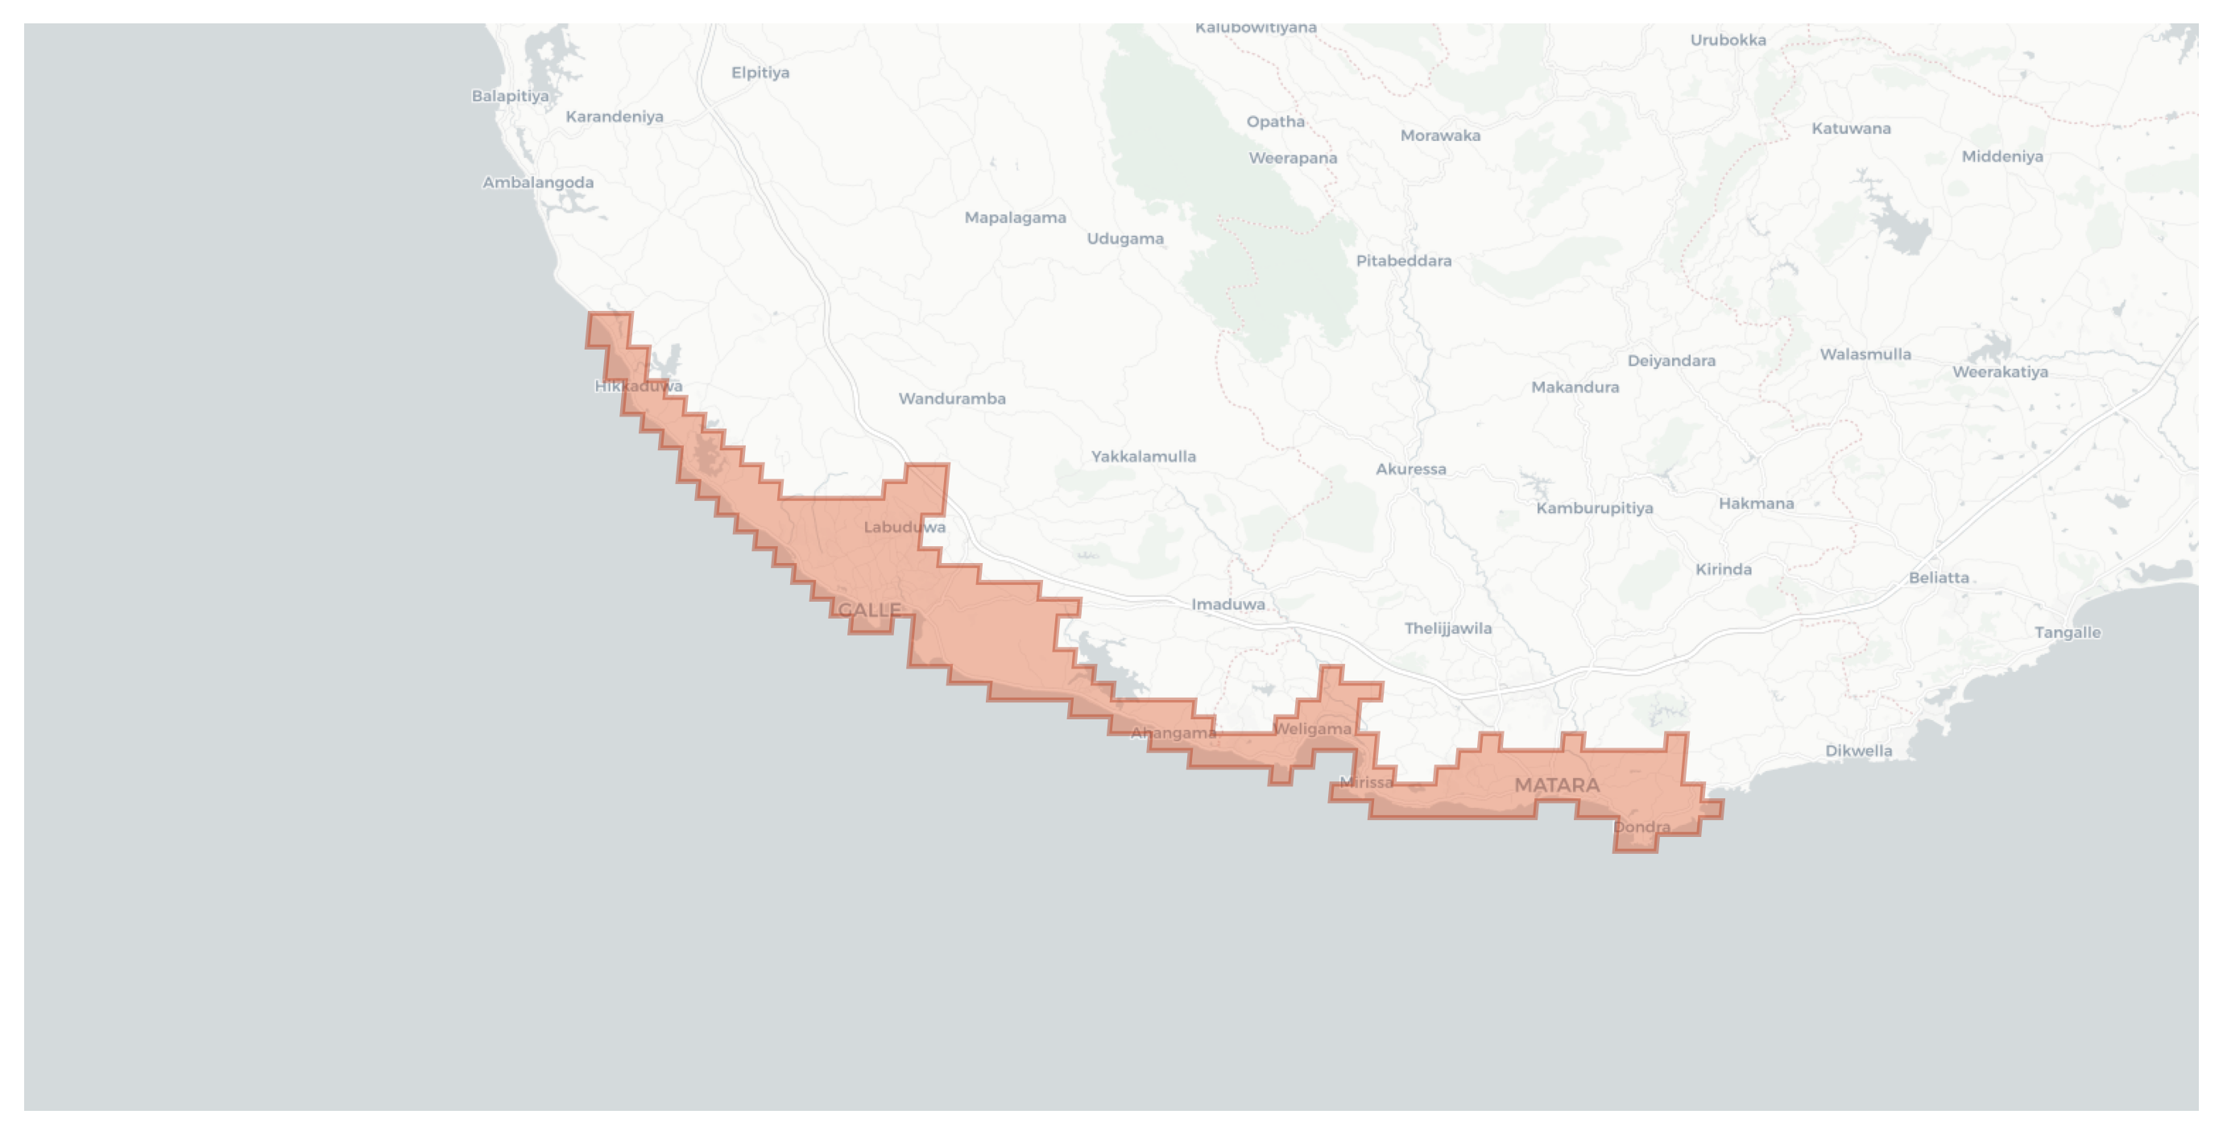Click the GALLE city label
pos(869,611)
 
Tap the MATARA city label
pos(1557,785)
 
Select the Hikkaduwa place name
pos(639,387)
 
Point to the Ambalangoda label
pos(538,183)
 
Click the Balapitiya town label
pos(510,96)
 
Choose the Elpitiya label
pos(760,72)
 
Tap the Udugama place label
pos(1125,239)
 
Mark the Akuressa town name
pos(1411,470)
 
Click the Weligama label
pos(1312,729)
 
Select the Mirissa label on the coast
pos(1366,783)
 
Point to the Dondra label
pos(1641,826)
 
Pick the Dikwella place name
pos(1859,751)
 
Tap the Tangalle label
pos(2068,632)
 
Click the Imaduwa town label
pos(1228,604)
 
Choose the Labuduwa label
pos(905,528)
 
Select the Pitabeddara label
pos(1404,261)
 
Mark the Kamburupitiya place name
pos(1595,508)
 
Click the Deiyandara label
pos(1671,361)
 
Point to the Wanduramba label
pos(952,399)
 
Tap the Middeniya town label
pos(2002,156)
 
